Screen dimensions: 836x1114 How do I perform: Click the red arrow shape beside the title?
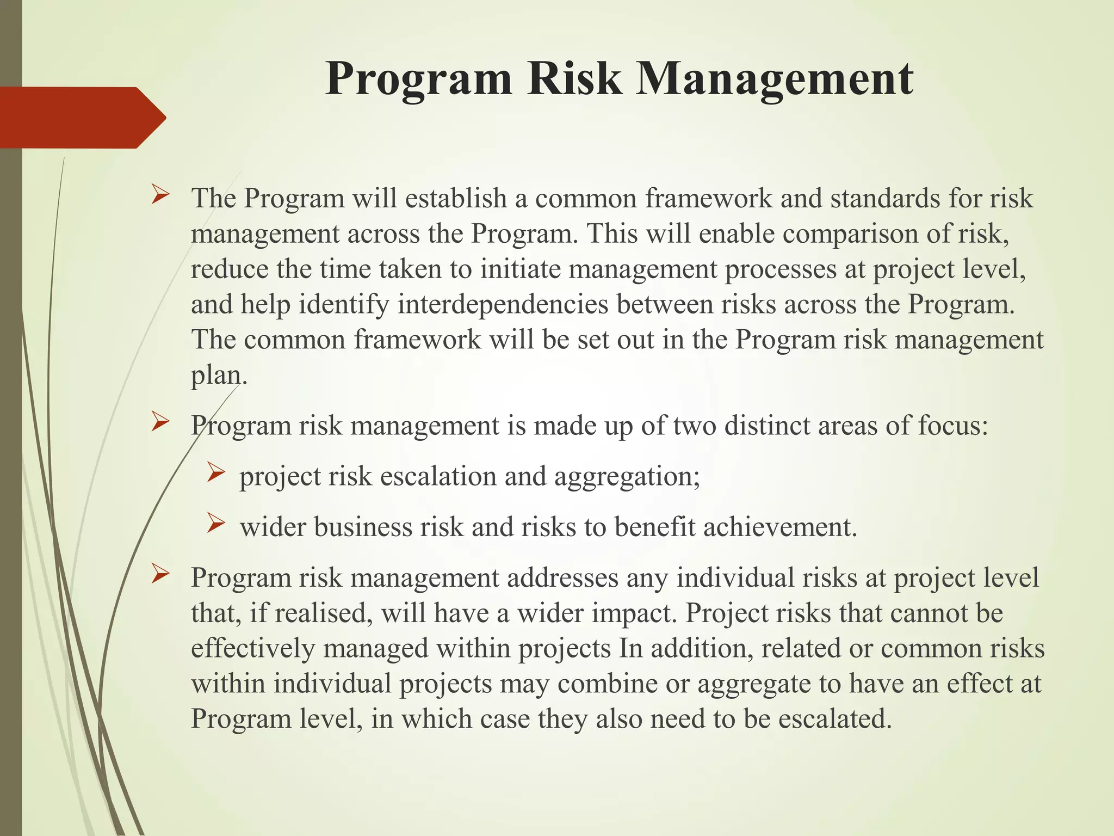pos(82,118)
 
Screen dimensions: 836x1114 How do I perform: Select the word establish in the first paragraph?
pos(456,198)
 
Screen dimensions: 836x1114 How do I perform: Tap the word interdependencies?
pos(503,304)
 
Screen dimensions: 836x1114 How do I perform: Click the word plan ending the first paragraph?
pos(216,376)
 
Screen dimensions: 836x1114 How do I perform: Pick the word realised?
pos(323,613)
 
